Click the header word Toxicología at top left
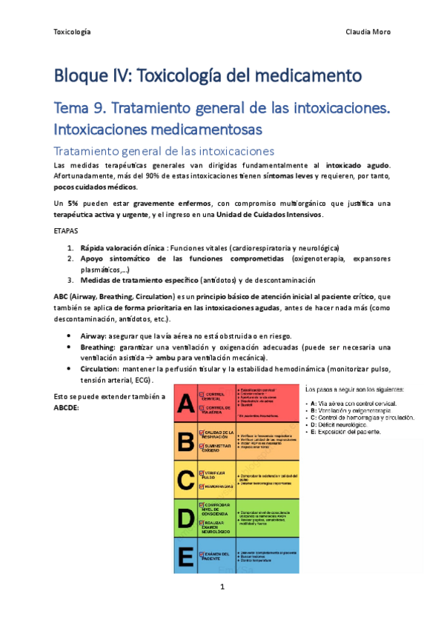(x=73, y=32)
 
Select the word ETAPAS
(x=69, y=231)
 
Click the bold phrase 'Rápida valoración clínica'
(x=123, y=248)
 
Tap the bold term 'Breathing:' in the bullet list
(x=98, y=347)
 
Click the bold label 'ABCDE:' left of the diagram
(x=70, y=407)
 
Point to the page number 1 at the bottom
(x=222, y=589)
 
